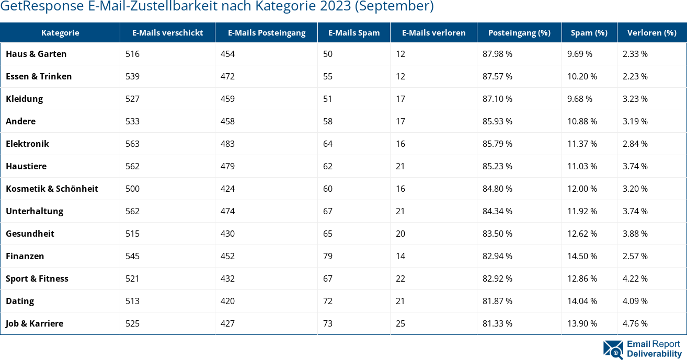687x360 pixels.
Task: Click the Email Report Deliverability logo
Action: (x=642, y=349)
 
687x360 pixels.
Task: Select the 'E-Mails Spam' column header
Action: (x=354, y=32)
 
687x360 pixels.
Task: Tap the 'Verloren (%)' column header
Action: (x=652, y=32)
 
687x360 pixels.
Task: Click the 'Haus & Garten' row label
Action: (x=36, y=54)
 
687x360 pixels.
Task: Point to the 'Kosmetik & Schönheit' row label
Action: (x=52, y=189)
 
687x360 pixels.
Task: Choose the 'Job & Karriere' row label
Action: (x=35, y=323)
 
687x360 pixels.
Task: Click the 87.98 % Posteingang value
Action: (x=497, y=54)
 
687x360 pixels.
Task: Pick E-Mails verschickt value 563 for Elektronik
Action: (x=132, y=144)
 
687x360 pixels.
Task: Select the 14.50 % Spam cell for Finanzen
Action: (x=582, y=256)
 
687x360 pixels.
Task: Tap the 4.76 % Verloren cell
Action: (x=635, y=323)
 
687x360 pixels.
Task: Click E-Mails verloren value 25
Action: (x=400, y=323)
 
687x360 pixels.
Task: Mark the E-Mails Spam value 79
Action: (x=328, y=256)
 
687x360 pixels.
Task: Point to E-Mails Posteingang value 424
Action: (x=227, y=189)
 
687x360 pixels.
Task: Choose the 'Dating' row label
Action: (x=20, y=301)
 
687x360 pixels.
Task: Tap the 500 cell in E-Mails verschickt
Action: (x=132, y=189)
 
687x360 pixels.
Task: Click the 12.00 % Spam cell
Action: (x=582, y=189)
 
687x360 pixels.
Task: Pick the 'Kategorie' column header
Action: (x=60, y=32)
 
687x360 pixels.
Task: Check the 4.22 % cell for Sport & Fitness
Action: (x=635, y=278)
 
